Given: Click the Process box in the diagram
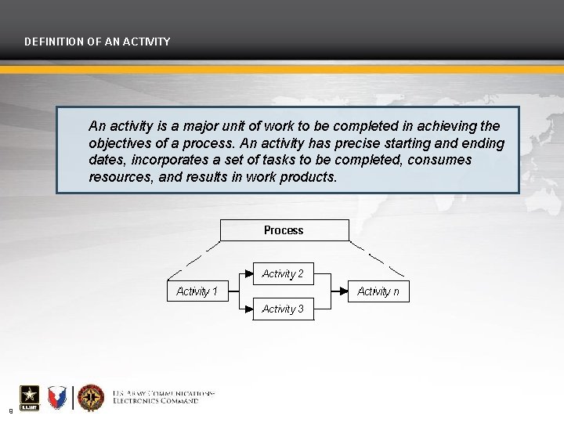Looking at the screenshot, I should [x=284, y=230].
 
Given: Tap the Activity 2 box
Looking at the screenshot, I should [x=283, y=273].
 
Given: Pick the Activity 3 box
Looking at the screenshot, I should [x=283, y=309].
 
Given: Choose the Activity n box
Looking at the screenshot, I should [x=378, y=291].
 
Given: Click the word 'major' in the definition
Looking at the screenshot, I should [x=188, y=126].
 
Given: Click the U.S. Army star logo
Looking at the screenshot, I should [x=29, y=398].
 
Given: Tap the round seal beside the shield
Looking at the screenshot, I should [x=91, y=398].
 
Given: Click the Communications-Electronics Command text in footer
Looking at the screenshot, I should [x=163, y=396].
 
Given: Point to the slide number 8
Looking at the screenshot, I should [x=10, y=410].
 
